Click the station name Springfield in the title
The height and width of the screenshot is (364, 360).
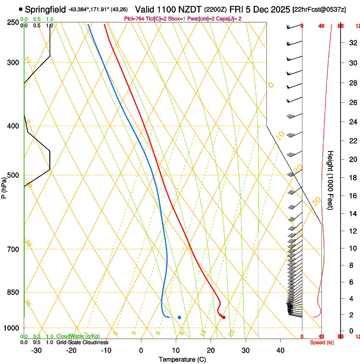(x=45, y=9)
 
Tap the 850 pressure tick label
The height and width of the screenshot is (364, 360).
(x=13, y=292)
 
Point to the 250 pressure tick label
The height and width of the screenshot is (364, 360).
(x=13, y=22)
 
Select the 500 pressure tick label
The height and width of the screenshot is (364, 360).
(x=13, y=175)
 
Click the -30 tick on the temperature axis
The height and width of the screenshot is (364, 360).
(x=37, y=350)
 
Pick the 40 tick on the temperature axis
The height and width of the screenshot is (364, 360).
(x=280, y=350)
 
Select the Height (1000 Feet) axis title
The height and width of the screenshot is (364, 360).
(x=331, y=180)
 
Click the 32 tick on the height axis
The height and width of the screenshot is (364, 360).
(x=352, y=42)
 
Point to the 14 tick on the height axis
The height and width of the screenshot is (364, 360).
(x=352, y=214)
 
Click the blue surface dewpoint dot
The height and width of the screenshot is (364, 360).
(x=180, y=317)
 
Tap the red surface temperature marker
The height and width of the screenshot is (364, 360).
(x=224, y=317)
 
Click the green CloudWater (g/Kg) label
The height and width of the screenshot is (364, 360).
(x=78, y=336)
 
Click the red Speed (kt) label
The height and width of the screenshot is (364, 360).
(x=321, y=342)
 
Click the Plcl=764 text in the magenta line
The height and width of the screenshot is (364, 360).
(x=134, y=19)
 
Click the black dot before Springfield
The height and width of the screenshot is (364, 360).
(x=21, y=9)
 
